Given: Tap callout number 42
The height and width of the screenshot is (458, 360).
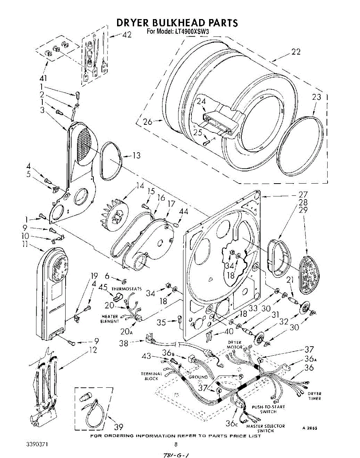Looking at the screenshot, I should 127,35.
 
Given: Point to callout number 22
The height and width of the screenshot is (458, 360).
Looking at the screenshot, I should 296,52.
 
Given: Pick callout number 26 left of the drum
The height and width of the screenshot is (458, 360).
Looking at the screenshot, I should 147,122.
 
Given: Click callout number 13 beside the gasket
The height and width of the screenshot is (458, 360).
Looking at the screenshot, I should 136,155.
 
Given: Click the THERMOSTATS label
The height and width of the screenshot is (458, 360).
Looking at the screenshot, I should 127,289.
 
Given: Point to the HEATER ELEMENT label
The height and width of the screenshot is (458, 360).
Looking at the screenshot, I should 110,319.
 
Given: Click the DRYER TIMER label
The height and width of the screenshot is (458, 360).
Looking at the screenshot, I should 314,396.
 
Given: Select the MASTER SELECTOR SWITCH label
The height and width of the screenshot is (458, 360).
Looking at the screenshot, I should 265,428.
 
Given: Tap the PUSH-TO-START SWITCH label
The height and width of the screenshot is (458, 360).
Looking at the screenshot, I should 268,409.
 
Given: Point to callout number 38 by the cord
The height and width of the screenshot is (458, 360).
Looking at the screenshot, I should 124,343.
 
